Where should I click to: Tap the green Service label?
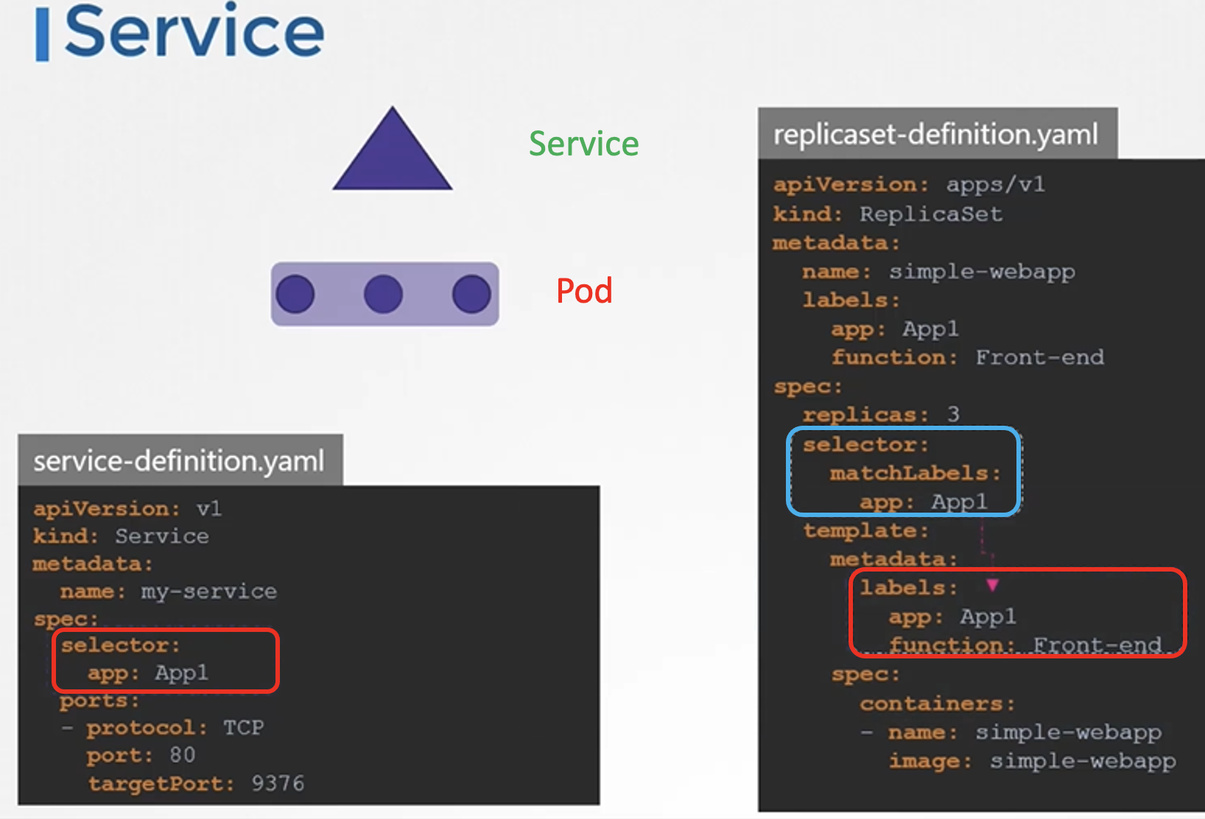tap(583, 144)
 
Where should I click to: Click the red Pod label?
tap(584, 291)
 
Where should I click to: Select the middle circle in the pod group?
tap(383, 294)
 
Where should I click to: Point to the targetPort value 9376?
tap(278, 784)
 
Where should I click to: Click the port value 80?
tap(183, 755)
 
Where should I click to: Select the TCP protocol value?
tap(244, 728)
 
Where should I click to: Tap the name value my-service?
tap(208, 591)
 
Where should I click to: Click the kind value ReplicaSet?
tap(931, 214)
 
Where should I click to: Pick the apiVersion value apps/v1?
tap(995, 184)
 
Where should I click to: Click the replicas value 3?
tap(953, 414)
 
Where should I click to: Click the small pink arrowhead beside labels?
tap(993, 585)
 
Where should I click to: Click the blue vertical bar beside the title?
tap(43, 35)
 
